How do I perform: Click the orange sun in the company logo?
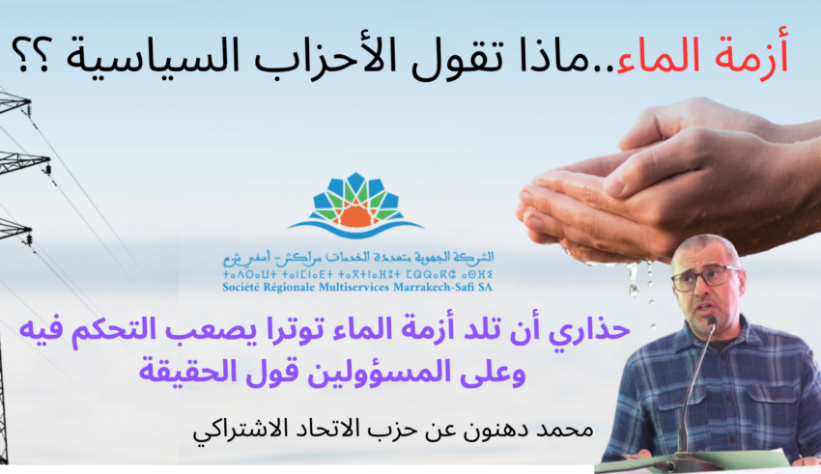355,214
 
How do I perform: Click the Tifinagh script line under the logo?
357,274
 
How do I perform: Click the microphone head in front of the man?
711,322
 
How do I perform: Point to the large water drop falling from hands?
634,279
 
